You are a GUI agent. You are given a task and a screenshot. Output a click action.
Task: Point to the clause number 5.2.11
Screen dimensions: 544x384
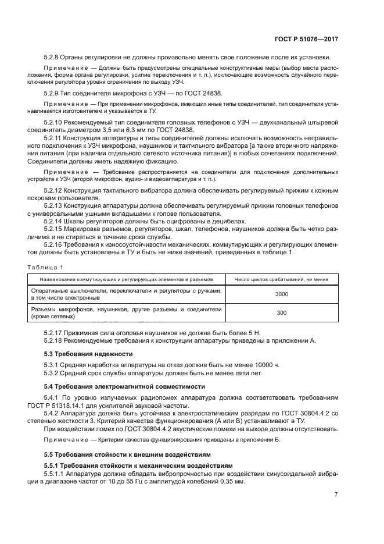(55, 139)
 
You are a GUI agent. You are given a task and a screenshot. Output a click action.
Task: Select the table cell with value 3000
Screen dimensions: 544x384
(281, 294)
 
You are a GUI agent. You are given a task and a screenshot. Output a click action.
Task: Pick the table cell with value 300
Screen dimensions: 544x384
(281, 313)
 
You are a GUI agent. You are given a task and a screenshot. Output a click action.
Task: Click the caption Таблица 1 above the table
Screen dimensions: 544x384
(45, 267)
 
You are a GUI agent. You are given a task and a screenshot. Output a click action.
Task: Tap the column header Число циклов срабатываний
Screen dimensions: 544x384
(281, 279)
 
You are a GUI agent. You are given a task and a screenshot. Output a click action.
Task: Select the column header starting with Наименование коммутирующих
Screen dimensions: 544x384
(127, 279)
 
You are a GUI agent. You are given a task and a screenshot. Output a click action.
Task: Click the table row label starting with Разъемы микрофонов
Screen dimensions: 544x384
(125, 313)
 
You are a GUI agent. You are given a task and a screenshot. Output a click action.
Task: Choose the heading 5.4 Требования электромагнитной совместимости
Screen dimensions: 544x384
(125, 386)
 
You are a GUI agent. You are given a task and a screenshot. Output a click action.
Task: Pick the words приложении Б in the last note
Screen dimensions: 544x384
(261, 440)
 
